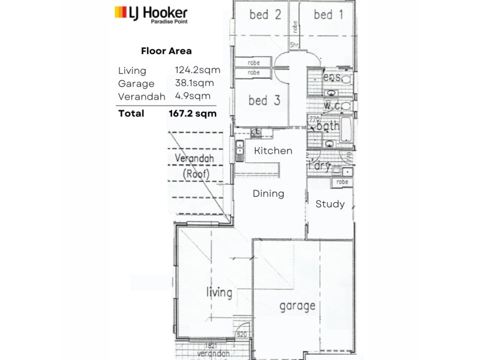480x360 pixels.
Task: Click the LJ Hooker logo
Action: [151, 12]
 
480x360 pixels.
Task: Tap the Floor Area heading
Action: [166, 51]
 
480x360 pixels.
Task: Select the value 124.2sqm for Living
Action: [197, 70]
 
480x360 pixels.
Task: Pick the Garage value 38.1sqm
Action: [195, 83]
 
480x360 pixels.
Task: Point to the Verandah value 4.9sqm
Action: [193, 95]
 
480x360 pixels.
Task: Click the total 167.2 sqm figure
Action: [193, 112]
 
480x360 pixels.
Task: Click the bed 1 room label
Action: [328, 14]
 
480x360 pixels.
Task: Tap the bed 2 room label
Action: [265, 14]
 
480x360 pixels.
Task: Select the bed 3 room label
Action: [264, 101]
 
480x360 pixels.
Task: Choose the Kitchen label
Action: [272, 151]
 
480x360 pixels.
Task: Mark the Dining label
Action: [268, 194]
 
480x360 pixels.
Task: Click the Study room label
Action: [330, 204]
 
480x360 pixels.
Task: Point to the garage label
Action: [297, 306]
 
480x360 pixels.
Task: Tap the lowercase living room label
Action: [219, 293]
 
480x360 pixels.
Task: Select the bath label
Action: [329, 127]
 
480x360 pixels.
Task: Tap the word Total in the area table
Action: [131, 112]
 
